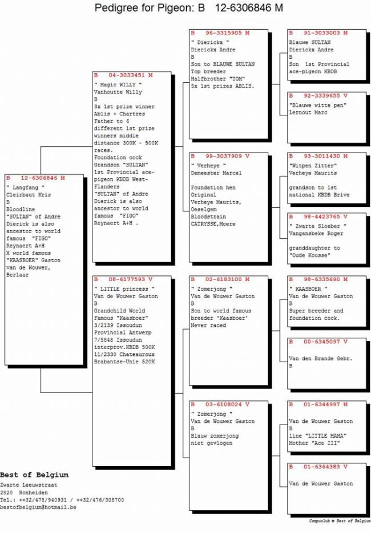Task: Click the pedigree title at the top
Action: [x=188, y=8]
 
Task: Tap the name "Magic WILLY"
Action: [x=118, y=85]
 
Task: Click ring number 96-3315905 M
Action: [x=220, y=33]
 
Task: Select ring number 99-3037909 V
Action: [x=220, y=155]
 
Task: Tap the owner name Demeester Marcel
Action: [x=216, y=173]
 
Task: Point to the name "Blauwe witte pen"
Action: [x=318, y=105]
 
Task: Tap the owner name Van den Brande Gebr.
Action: [x=321, y=358]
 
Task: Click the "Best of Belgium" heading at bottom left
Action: [x=34, y=475]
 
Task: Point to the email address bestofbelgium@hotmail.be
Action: [x=38, y=507]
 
